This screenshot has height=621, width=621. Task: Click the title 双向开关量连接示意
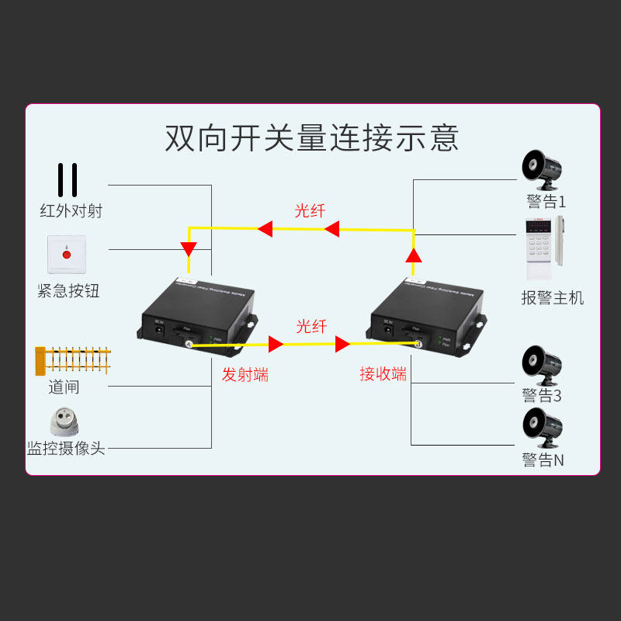click(x=312, y=137)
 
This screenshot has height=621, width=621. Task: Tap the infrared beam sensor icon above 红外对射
click(x=68, y=180)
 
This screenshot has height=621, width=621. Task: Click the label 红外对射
click(x=71, y=210)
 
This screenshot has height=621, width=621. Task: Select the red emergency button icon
click(x=67, y=255)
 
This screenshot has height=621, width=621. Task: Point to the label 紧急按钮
click(x=69, y=291)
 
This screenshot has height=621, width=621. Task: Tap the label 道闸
click(x=64, y=387)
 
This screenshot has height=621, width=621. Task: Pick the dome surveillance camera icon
click(x=67, y=422)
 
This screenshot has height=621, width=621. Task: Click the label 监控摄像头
click(x=66, y=448)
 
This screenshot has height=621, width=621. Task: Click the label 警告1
click(x=546, y=202)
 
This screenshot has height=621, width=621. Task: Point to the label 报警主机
click(x=553, y=297)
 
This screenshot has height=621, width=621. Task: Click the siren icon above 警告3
click(x=543, y=365)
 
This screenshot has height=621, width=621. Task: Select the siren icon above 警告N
click(x=543, y=429)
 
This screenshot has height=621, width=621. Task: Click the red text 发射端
click(x=245, y=374)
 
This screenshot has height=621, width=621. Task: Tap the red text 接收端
click(x=383, y=373)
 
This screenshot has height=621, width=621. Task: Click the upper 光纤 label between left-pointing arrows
click(x=310, y=210)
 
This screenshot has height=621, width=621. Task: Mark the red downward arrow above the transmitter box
click(x=189, y=250)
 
